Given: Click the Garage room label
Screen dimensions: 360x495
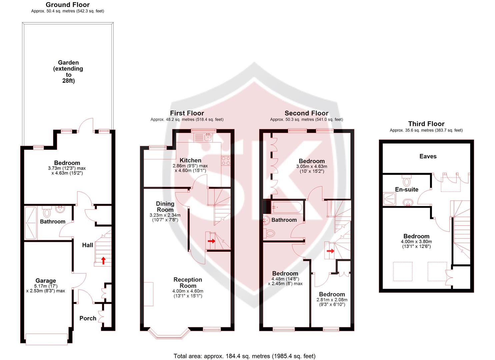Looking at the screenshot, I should tap(46, 281).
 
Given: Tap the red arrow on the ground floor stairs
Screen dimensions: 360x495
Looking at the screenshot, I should tap(103, 260).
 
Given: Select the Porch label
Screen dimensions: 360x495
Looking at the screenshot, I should tap(88, 318).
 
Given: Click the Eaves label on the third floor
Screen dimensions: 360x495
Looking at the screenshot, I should tap(428, 156).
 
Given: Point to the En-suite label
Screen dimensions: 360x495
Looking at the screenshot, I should tap(406, 189).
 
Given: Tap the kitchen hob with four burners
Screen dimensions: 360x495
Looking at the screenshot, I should tap(226, 161).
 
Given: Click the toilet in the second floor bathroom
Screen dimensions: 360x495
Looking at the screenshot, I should tap(269, 233).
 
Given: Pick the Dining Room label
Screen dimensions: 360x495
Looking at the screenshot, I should tap(165, 207).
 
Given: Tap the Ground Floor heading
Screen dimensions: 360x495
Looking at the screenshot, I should tap(67, 5).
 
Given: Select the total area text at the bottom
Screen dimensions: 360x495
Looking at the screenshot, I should tap(244, 356).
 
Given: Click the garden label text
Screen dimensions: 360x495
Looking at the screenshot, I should tap(68, 71).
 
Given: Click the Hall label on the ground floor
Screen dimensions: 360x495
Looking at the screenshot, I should tap(88, 245).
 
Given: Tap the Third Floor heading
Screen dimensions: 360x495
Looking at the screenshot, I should tap(426, 124).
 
